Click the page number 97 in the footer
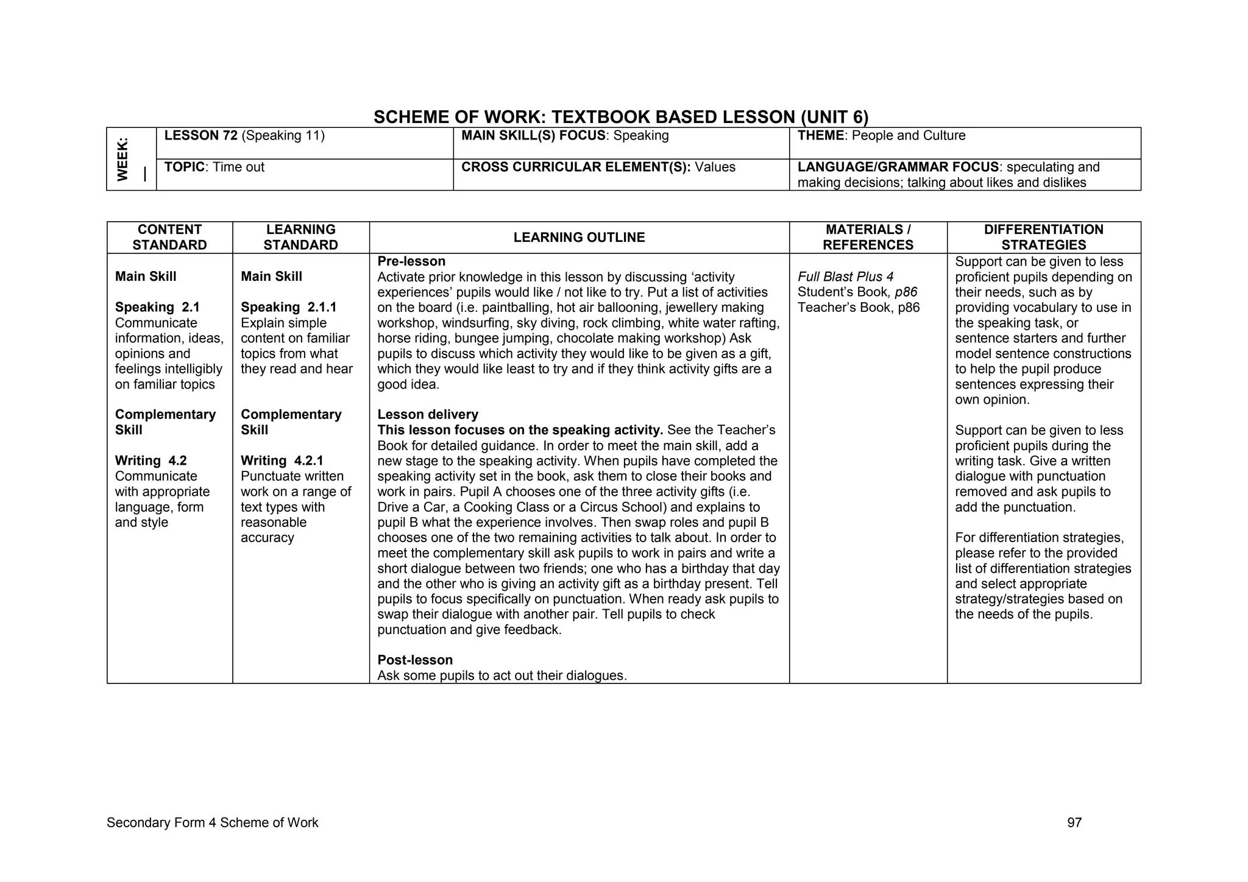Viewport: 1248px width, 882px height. click(x=1074, y=823)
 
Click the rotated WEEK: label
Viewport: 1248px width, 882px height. click(x=123, y=159)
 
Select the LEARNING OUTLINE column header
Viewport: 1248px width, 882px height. click(x=579, y=238)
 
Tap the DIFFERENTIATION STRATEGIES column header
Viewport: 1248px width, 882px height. click(x=1043, y=238)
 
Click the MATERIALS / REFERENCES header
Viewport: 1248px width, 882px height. click(x=868, y=238)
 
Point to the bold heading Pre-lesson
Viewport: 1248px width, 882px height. click(x=411, y=261)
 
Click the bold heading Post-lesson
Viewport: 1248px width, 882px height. click(x=415, y=660)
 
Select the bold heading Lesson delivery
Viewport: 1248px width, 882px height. click(x=428, y=415)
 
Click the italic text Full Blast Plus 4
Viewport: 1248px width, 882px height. click(x=845, y=277)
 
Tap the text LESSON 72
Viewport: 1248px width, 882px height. click(x=201, y=136)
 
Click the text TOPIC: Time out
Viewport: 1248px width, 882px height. click(x=214, y=168)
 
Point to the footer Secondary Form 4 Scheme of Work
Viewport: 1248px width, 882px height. click(x=212, y=823)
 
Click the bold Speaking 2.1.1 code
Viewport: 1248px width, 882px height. click(x=288, y=308)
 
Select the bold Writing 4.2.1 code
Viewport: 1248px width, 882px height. click(x=282, y=461)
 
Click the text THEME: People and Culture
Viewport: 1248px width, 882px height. click(x=881, y=136)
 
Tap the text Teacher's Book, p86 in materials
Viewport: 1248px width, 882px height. click(x=858, y=308)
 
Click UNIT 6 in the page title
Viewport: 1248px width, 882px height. click(x=834, y=117)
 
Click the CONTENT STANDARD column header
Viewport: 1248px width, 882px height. click(x=169, y=238)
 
